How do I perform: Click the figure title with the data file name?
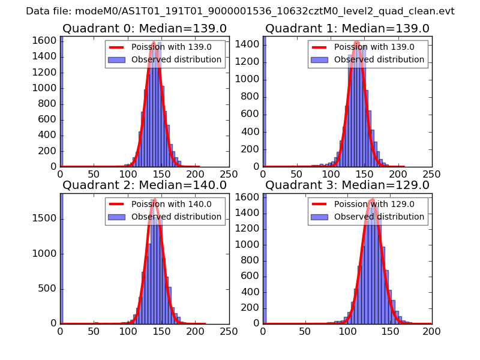coord(240,11)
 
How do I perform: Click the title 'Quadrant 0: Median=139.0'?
coord(145,29)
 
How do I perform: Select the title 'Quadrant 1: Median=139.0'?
coord(347,29)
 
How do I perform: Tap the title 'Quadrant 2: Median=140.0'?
coord(145,185)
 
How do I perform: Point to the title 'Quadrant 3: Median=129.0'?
coord(347,185)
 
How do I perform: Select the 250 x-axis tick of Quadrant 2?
coord(229,331)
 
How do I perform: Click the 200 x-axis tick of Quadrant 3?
coord(431,331)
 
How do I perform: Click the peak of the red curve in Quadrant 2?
coord(155,199)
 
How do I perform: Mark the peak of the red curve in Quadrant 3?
coord(372,199)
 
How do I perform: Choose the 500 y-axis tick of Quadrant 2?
coord(49,289)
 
